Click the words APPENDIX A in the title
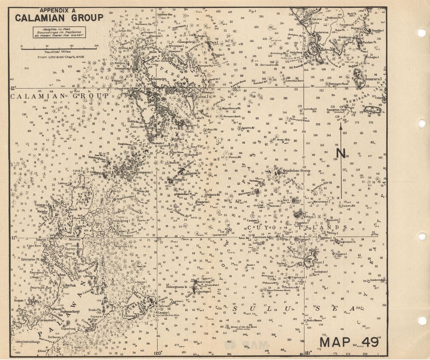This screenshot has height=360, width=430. (58, 10)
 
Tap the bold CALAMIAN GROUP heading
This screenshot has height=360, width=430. (59, 18)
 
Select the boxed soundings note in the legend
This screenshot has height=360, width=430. (60, 32)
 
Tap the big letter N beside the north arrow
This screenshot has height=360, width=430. (341, 153)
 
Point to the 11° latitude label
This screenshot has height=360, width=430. (14, 237)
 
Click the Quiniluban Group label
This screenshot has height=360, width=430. (296, 171)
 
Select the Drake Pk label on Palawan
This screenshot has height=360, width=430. (94, 309)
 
